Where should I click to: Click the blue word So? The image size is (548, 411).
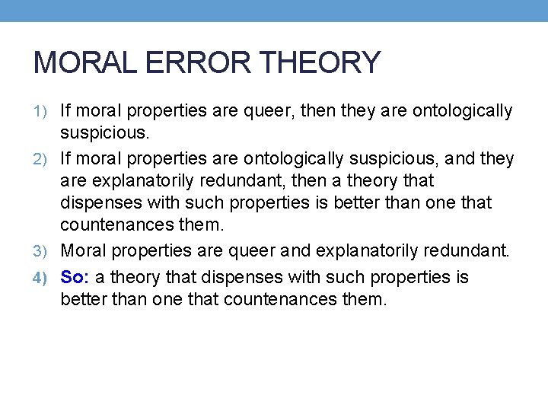click(75, 276)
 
